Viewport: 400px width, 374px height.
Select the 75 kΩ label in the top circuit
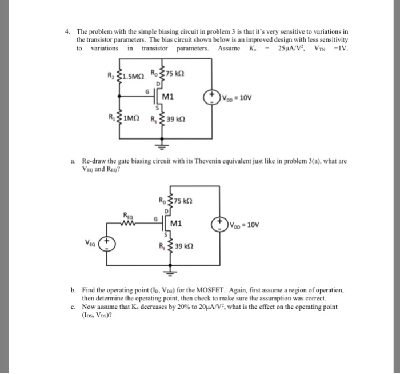[x=175, y=75]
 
